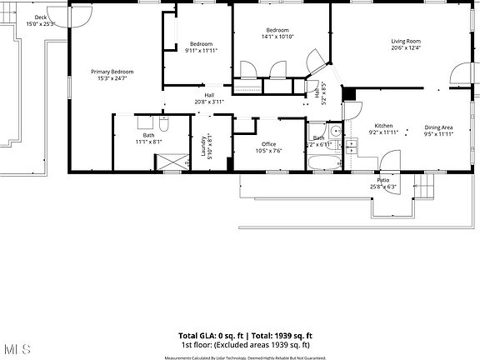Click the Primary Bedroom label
pos(112,72)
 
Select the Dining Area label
pos(437,127)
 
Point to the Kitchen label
pos(383,126)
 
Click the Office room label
pos(268,144)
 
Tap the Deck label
pos(41,17)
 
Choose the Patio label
pos(382,180)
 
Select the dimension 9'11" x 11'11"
pos(200,50)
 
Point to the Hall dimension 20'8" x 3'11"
pos(210,102)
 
